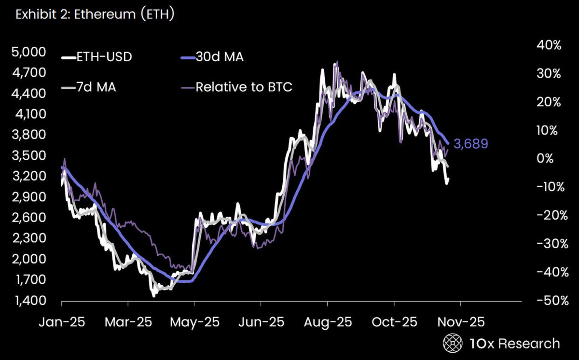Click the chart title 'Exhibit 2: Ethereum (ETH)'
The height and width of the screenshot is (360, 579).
[x=95, y=15]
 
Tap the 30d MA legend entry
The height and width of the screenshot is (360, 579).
[x=219, y=57]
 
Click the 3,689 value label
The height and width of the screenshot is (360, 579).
[x=471, y=144]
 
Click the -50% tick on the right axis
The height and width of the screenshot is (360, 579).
[x=547, y=301]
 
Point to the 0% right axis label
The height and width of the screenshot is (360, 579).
[x=551, y=159]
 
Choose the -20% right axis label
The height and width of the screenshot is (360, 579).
[x=547, y=216]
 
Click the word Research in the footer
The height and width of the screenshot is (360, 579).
[x=529, y=343]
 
